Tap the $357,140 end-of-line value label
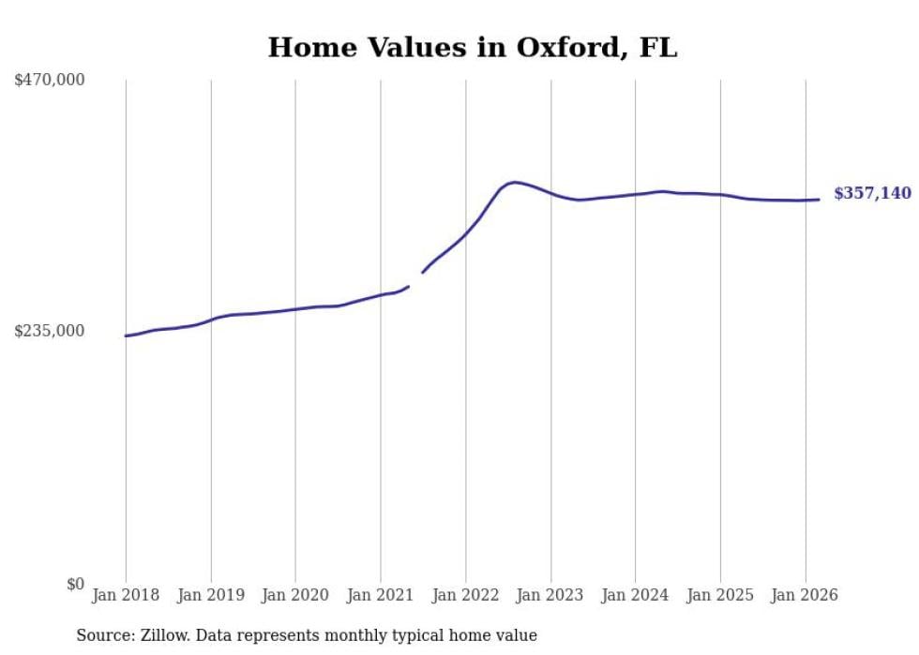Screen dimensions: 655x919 (872, 194)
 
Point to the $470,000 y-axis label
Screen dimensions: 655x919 (50, 81)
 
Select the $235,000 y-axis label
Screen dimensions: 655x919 (50, 331)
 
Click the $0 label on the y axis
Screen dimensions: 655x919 (75, 585)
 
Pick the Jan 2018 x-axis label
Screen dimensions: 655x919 (126, 595)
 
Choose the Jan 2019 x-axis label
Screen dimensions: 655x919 (211, 595)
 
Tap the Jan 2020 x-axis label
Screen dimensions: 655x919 (295, 595)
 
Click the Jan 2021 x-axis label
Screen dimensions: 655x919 (381, 595)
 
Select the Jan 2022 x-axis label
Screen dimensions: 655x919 (465, 595)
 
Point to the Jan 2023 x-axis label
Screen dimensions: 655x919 (550, 595)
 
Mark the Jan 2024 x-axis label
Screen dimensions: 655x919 (635, 595)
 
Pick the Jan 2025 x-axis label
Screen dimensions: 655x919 (720, 595)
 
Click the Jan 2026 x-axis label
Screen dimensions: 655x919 (805, 595)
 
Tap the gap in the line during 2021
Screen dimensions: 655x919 (415, 279)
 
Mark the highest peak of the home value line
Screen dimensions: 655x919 (514, 182)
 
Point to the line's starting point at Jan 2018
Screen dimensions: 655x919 (126, 335)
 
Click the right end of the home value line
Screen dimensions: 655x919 (819, 199)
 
